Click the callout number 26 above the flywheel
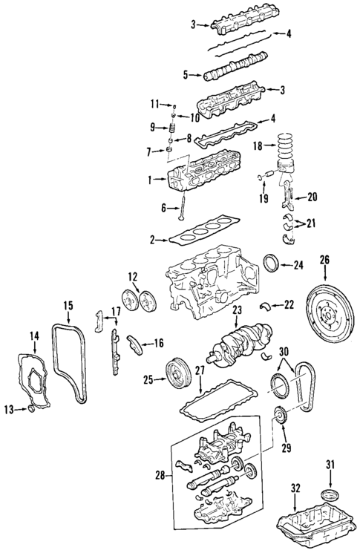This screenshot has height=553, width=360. pos(324,260)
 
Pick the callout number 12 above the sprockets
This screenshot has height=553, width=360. pos(133,277)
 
